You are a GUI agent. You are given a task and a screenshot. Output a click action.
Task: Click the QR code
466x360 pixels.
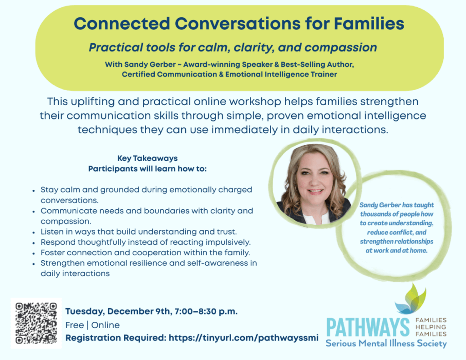click(x=36, y=323)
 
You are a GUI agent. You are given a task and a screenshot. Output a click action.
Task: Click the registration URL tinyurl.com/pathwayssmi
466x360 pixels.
click(x=243, y=338)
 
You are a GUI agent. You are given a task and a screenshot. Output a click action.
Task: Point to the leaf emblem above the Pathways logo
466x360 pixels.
click(x=411, y=299)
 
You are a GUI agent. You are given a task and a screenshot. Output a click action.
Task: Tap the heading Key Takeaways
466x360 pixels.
click(x=147, y=158)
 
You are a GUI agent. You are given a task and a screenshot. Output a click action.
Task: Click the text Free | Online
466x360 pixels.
click(x=93, y=325)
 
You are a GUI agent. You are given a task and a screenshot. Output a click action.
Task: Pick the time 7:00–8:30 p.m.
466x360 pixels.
click(x=209, y=312)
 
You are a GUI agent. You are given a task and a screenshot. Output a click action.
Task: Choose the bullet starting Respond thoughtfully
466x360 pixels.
click(x=146, y=242)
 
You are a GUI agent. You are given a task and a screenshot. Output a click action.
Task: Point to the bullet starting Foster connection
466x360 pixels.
click(x=146, y=252)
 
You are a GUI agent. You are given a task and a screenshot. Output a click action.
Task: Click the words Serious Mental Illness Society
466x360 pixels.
click(x=386, y=344)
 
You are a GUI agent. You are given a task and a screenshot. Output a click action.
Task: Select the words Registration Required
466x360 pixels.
click(x=116, y=338)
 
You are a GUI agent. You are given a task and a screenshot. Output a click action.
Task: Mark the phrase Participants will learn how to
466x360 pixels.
click(x=147, y=169)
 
